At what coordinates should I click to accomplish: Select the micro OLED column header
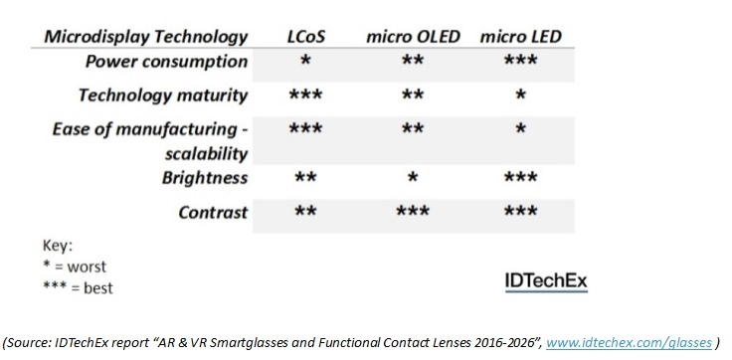(416, 37)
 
